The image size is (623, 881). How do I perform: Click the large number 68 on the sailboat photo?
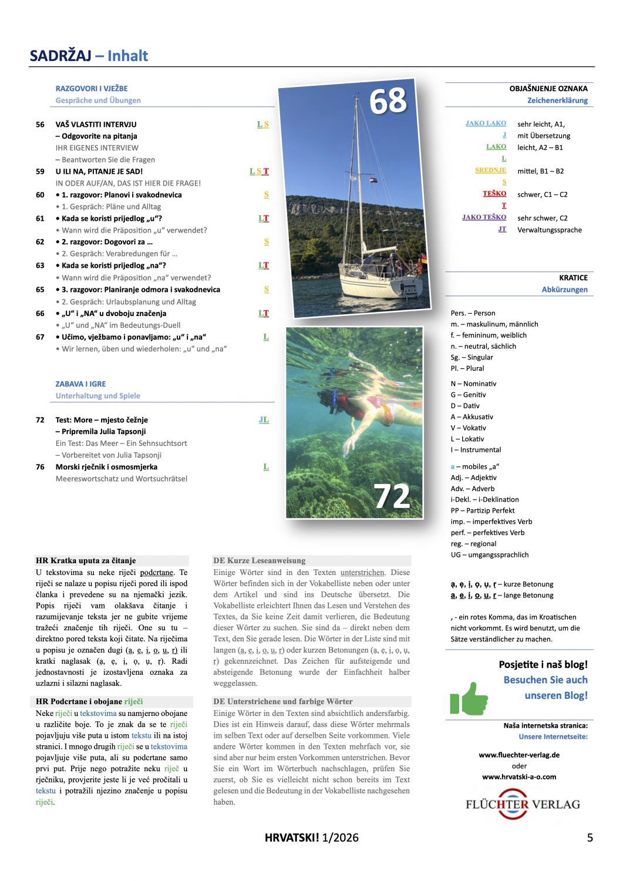tap(388, 100)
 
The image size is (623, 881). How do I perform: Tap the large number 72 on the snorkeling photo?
tap(392, 496)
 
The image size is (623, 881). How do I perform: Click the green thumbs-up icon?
tap(469, 698)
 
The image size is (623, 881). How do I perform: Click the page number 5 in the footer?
tap(590, 838)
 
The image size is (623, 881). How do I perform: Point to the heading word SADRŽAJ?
tap(60, 56)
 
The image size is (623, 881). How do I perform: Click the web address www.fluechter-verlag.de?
tap(519, 755)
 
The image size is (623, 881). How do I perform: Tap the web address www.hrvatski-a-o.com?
tap(519, 776)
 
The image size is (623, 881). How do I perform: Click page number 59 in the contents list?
tap(40, 172)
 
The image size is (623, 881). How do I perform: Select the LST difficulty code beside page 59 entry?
tap(259, 172)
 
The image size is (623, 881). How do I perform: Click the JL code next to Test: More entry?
tap(264, 420)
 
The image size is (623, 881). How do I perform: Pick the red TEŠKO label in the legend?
tap(494, 193)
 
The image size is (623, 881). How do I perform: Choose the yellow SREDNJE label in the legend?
tap(490, 170)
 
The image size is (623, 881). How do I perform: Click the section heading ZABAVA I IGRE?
tap(80, 384)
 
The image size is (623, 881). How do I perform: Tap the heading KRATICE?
tap(573, 278)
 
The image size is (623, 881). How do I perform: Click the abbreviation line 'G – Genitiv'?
tap(468, 395)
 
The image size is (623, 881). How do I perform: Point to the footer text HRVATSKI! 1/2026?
tap(311, 838)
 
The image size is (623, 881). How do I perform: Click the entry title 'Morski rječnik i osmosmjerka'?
tap(106, 467)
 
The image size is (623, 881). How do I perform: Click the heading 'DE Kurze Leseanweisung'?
tap(259, 560)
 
